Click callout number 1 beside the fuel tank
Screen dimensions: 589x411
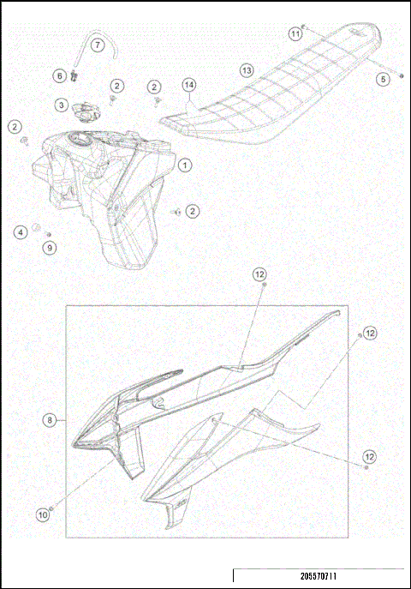[185, 165]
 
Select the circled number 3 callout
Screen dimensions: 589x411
[62, 105]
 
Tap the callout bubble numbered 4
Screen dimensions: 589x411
[20, 231]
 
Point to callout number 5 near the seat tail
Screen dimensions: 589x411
[383, 79]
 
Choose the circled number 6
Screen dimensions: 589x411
[60, 75]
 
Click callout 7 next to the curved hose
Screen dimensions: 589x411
[97, 44]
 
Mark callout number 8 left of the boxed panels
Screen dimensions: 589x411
[51, 420]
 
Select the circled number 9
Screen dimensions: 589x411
[49, 247]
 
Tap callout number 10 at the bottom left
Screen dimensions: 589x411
[42, 515]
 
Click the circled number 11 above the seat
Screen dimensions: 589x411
[295, 33]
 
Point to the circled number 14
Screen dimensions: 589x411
[189, 84]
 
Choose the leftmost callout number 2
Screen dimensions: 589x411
[15, 127]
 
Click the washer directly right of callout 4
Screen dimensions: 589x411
[38, 229]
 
